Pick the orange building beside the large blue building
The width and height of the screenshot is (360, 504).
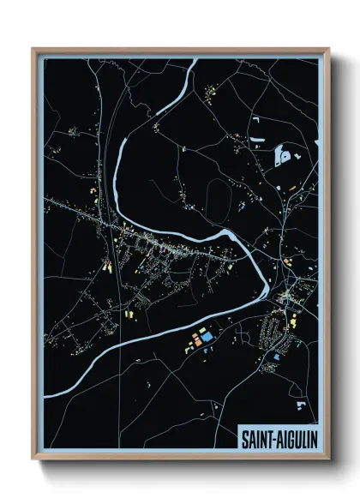tap(196, 338)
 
